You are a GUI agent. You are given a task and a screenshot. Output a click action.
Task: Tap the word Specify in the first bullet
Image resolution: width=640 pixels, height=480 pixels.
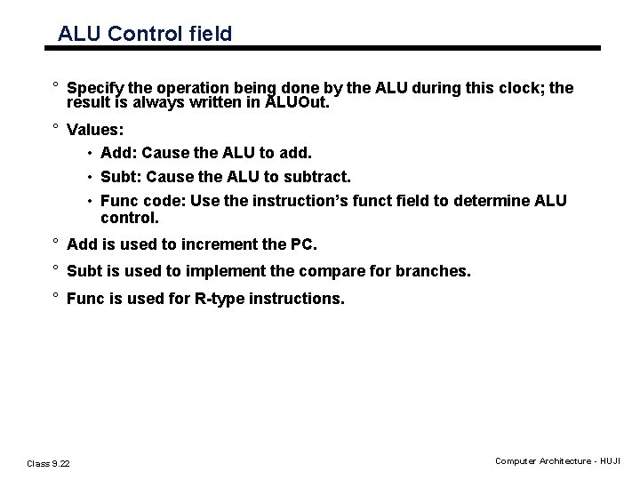(x=96, y=88)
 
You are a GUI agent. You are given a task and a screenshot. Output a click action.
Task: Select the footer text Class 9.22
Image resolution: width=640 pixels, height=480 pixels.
(x=49, y=462)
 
